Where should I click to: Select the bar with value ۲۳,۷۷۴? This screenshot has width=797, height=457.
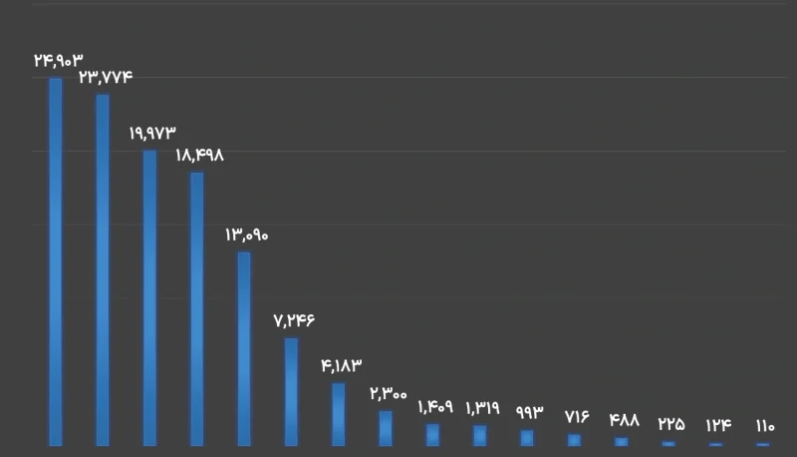(103, 269)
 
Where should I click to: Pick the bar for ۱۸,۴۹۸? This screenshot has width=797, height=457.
(197, 308)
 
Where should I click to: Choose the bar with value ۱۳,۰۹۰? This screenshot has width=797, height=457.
(244, 348)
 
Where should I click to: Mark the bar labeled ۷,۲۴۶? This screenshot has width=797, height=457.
(291, 391)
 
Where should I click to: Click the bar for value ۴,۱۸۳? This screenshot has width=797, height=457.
(338, 414)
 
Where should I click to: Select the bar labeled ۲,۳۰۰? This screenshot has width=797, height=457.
(386, 428)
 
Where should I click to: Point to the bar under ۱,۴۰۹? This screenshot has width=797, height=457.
(432, 435)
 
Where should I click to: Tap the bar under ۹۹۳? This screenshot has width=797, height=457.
(527, 438)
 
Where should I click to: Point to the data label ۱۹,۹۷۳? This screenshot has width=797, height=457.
(151, 132)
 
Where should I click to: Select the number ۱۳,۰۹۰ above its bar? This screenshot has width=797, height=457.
(246, 234)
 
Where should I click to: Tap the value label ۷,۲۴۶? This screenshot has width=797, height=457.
(293, 320)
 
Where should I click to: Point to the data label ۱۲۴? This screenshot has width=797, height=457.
(717, 425)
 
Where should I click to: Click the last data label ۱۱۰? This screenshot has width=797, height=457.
(764, 426)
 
